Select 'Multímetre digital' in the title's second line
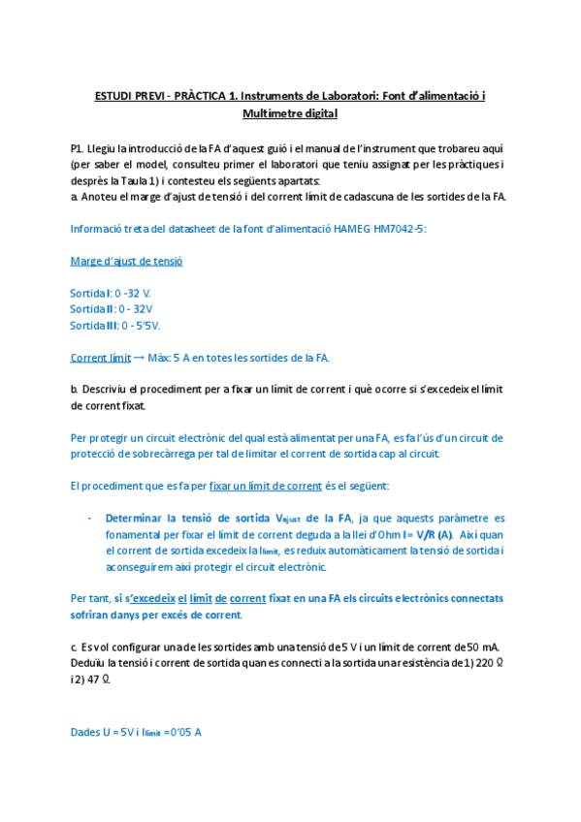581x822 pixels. pyautogui.click(x=290, y=114)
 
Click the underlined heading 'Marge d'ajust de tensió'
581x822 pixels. pyautogui.click(x=126, y=261)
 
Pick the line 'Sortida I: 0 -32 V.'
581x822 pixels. pyautogui.click(x=111, y=293)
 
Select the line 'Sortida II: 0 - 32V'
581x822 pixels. pyautogui.click(x=112, y=308)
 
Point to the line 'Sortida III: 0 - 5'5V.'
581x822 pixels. pyautogui.click(x=115, y=325)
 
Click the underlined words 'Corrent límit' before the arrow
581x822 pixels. pyautogui.click(x=101, y=358)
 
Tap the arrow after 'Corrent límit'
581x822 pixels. pyautogui.click(x=139, y=358)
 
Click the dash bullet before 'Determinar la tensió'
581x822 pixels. pyautogui.click(x=90, y=518)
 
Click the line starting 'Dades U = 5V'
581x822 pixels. pyautogui.click(x=136, y=732)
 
